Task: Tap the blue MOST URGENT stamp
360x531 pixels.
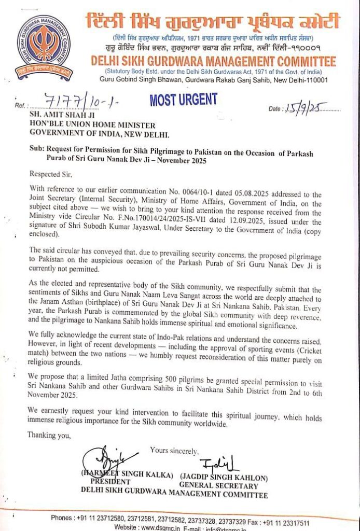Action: [183, 100]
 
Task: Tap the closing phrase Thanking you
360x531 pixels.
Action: [49, 435]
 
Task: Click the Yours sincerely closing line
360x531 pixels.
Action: [174, 451]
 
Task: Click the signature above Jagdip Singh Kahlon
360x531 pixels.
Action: [218, 463]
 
